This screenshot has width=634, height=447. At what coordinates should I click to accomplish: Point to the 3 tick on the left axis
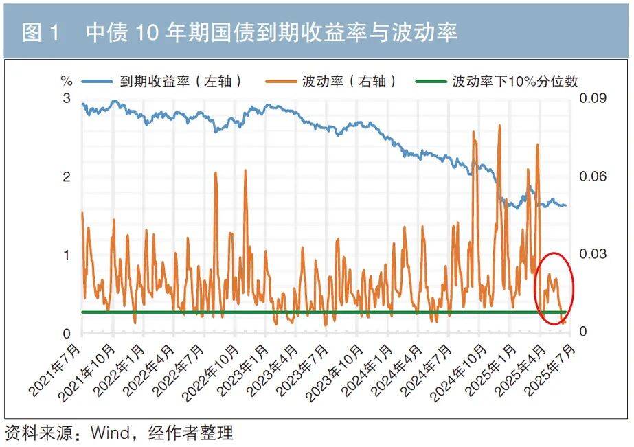click(x=67, y=99)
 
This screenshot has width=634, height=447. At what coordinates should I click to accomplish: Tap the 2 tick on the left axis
click(x=67, y=177)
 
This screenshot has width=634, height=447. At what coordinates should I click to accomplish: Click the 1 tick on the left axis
click(x=67, y=255)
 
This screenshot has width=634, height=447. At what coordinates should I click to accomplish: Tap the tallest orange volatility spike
click(x=499, y=126)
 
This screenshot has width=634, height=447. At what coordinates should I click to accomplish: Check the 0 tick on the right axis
click(x=582, y=332)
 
